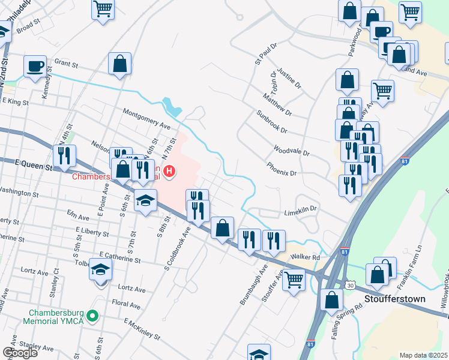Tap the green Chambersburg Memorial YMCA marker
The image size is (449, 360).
[92, 315]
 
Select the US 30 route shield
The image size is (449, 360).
[349, 286]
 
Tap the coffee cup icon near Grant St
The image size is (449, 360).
[35, 66]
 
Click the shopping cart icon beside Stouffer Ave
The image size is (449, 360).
[294, 279]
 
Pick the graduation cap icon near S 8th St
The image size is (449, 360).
[145, 201]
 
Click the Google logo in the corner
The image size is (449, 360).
[20, 353]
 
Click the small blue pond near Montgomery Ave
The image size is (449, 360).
[174, 106]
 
